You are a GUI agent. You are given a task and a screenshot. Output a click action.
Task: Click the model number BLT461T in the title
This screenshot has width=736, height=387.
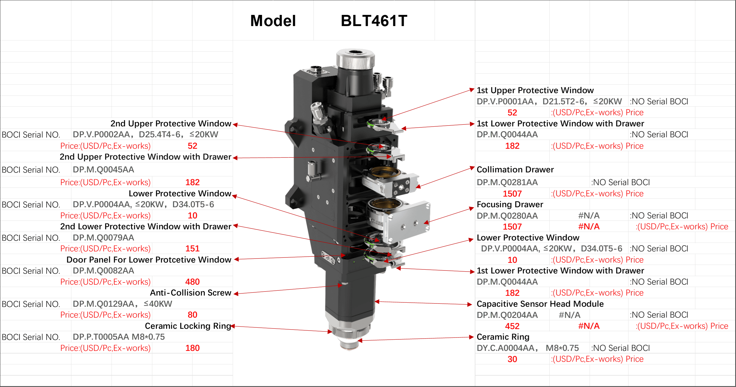pyautogui.click(x=374, y=21)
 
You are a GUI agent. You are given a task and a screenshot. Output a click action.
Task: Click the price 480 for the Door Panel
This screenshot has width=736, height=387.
pyautogui.click(x=192, y=282)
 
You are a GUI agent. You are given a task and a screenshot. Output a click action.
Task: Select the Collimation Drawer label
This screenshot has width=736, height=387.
pyautogui.click(x=515, y=169)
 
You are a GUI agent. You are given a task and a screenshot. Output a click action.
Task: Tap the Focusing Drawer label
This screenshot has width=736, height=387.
pyautogui.click(x=510, y=204)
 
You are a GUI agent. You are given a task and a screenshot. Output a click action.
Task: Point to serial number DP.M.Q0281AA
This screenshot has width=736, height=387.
pyautogui.click(x=507, y=182)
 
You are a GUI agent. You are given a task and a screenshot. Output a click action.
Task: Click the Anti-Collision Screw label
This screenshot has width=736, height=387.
pyautogui.click(x=191, y=293)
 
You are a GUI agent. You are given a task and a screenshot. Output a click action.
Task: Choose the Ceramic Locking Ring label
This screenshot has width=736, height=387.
pyautogui.click(x=188, y=326)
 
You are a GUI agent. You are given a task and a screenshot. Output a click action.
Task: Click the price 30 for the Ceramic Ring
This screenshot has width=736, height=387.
pyautogui.click(x=512, y=359)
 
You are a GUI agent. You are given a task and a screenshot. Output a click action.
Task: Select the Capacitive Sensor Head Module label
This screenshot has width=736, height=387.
pyautogui.click(x=540, y=304)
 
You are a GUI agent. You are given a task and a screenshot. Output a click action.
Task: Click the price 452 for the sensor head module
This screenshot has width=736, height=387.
pyautogui.click(x=512, y=326)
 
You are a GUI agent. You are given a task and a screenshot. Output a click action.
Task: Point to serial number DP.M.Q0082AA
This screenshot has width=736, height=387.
pyautogui.click(x=103, y=271)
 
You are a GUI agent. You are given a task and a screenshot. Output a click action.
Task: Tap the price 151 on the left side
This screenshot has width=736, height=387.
pyautogui.click(x=192, y=249)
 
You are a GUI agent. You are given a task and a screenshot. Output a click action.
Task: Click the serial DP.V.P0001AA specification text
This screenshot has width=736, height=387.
pyautogui.click(x=549, y=101)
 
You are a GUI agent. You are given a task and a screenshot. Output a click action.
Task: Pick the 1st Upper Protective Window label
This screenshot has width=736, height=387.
pyautogui.click(x=535, y=90)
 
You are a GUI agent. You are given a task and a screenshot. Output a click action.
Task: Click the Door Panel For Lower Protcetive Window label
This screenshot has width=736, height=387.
pyautogui.click(x=149, y=259)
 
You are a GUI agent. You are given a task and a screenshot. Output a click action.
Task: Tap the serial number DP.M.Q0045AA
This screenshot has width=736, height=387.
pyautogui.click(x=103, y=169)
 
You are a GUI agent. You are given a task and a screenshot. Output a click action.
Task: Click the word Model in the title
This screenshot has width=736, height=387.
pyautogui.click(x=273, y=21)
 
